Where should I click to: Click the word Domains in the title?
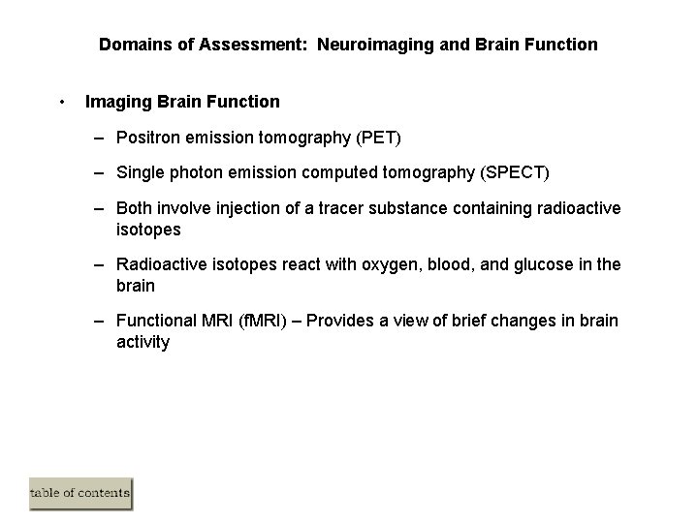131,45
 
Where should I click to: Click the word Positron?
145,138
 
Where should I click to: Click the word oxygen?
372,264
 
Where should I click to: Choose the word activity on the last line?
143,342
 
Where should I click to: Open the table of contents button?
79,494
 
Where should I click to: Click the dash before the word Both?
101,209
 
